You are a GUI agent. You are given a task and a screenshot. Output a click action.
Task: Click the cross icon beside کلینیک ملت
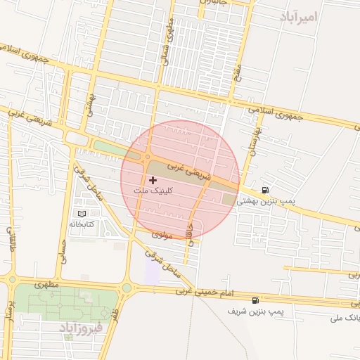(153, 181)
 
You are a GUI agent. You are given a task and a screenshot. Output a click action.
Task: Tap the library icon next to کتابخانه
(82, 212)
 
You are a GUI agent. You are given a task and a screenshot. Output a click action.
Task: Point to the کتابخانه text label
(82, 224)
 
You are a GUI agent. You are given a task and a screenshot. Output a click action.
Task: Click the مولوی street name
(162, 235)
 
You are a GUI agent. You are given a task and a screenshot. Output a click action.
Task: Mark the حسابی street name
(63, 248)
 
